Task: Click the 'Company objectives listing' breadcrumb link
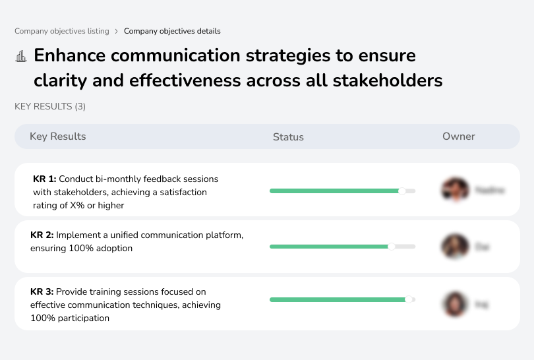(x=62, y=31)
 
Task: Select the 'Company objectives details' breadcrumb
(x=172, y=31)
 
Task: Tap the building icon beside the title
(x=21, y=56)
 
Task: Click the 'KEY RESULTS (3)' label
(x=50, y=106)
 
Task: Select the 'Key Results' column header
(x=58, y=136)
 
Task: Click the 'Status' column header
(x=288, y=137)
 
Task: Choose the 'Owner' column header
(x=459, y=136)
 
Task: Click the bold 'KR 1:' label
(x=45, y=179)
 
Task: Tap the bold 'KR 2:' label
(x=42, y=235)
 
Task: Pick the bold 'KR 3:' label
(x=42, y=291)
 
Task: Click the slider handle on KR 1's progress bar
(x=402, y=191)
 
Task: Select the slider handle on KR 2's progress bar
(x=392, y=247)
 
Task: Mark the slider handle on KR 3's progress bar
(x=409, y=299)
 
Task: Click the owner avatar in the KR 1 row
(x=455, y=190)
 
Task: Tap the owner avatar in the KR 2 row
(x=455, y=247)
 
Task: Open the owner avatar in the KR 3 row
(x=455, y=304)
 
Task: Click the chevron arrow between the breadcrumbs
(x=117, y=31)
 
